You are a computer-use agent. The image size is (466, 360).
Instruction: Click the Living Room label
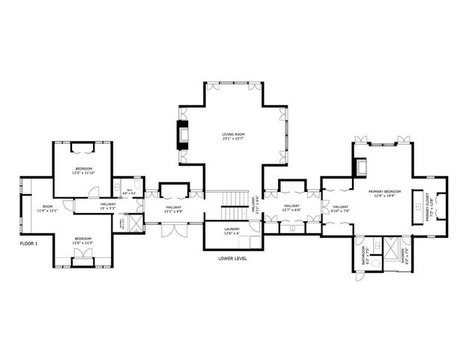233,136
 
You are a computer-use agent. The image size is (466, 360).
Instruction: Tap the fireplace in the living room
181,133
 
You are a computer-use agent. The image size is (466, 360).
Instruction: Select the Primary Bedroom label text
384,193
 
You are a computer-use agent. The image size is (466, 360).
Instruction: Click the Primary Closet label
429,206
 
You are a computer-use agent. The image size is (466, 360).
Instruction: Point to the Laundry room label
232,231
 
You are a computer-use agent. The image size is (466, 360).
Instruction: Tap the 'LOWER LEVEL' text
232,258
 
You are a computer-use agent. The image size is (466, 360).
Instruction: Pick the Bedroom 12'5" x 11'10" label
82,170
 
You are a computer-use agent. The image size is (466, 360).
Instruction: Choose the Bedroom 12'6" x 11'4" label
82,241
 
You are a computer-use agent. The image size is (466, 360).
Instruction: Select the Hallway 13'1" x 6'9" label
174,210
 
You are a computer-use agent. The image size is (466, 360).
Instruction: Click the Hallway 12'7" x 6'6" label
291,208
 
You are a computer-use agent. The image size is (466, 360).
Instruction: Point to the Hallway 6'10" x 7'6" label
340,208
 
